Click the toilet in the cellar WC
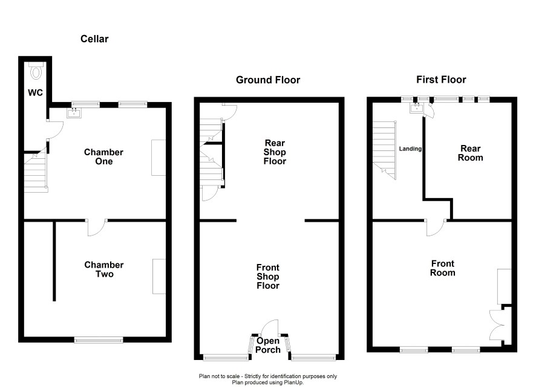pyautogui.click(x=36, y=71)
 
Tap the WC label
pyautogui.click(x=35, y=92)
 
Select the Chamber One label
pyautogui.click(x=103, y=156)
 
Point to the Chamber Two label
pyautogui.click(x=104, y=269)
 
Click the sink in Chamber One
pyautogui.click(x=74, y=112)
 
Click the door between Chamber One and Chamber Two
pyautogui.click(x=96, y=228)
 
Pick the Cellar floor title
pyautogui.click(x=94, y=39)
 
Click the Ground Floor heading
pyautogui.click(x=268, y=80)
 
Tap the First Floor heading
pyautogui.click(x=441, y=80)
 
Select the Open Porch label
pyautogui.click(x=268, y=345)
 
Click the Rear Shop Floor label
pyautogui.click(x=275, y=152)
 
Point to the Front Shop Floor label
pyautogui.click(x=268, y=277)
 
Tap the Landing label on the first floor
pyautogui.click(x=410, y=149)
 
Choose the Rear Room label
pyautogui.click(x=471, y=153)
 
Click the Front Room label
pyautogui.click(x=443, y=268)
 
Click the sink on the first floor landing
pyautogui.click(x=417, y=108)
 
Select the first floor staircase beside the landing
pyautogui.click(x=385, y=150)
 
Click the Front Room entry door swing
pyautogui.click(x=436, y=228)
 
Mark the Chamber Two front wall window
pyautogui.click(x=99, y=340)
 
